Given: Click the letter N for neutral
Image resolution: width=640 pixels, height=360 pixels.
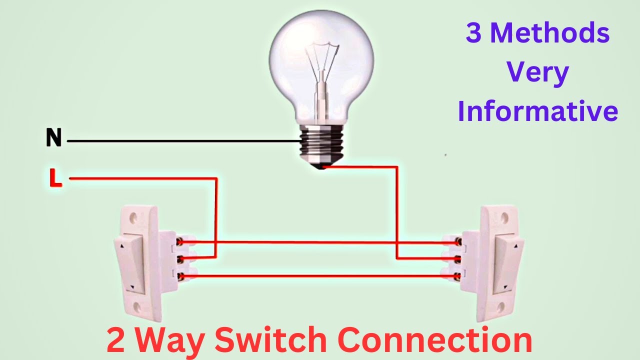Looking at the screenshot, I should click(53, 137).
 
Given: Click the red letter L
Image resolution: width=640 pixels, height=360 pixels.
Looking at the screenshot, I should click(55, 178).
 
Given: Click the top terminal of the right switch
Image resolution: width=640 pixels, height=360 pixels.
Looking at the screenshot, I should click(457, 242).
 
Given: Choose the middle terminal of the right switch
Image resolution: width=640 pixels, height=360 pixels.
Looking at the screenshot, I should click(457, 259).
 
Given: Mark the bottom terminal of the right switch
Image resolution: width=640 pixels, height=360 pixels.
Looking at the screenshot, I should click(456, 275).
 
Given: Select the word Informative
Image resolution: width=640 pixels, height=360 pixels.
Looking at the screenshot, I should click(538, 111).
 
